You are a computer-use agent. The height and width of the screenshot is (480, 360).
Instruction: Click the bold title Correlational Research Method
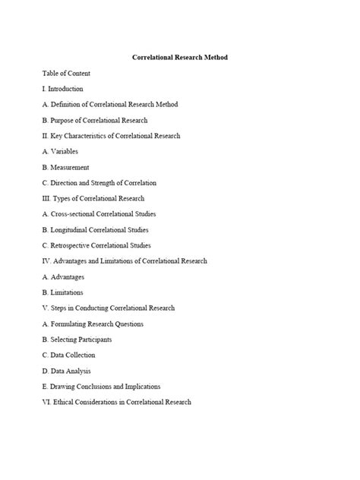coord(180,57)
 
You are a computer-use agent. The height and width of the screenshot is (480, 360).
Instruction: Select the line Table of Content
coord(66,73)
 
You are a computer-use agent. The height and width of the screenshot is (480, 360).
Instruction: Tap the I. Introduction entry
coord(63,89)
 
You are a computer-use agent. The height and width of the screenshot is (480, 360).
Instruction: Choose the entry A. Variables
coord(60,151)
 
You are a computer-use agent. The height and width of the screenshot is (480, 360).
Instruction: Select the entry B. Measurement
coord(65,167)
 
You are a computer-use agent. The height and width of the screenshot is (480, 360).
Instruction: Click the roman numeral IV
coord(46,261)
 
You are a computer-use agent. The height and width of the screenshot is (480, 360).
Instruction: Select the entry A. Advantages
coord(63,276)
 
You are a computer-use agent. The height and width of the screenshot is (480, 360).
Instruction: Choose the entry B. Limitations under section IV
coord(62,292)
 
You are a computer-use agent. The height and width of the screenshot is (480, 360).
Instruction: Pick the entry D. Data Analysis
coord(66,371)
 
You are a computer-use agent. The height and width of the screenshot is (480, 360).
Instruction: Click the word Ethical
coord(65,402)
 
